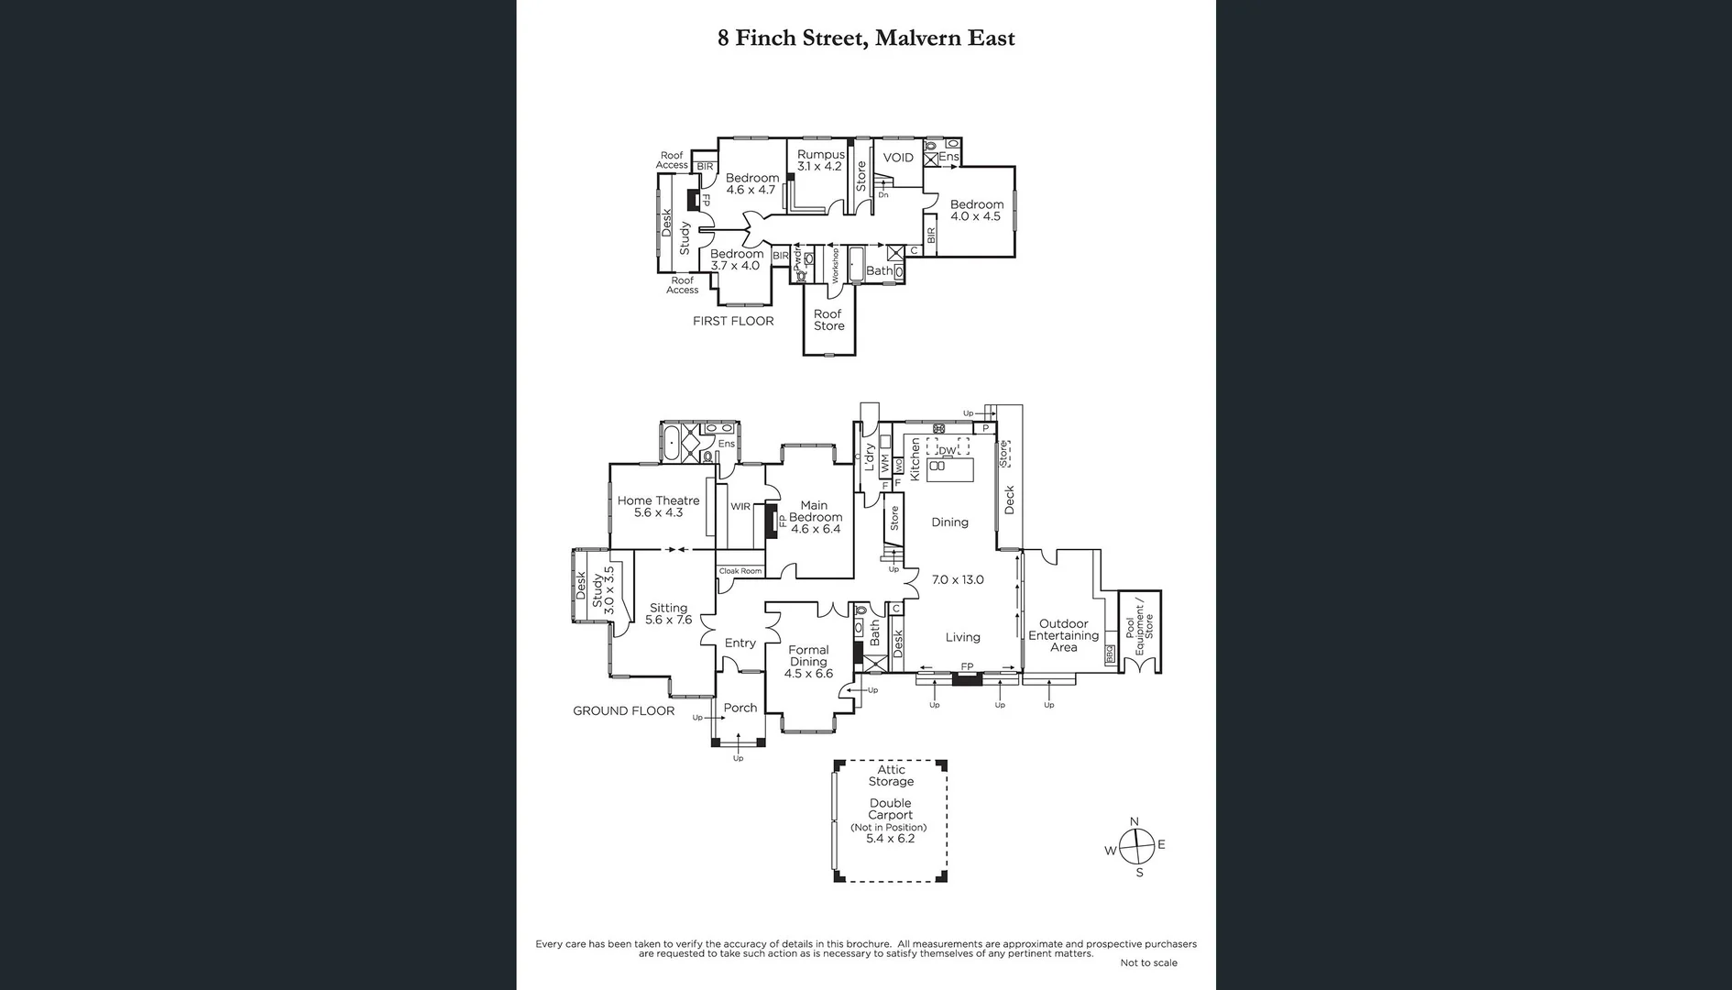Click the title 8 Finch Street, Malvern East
[x=866, y=38]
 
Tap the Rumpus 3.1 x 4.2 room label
[x=820, y=160]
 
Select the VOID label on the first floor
[x=898, y=158]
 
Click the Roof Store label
[x=828, y=320]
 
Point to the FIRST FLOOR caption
[x=733, y=321]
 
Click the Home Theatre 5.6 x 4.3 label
[x=658, y=507]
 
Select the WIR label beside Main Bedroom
[x=740, y=507]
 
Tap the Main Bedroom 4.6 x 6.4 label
[x=815, y=517]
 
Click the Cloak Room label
[x=740, y=571]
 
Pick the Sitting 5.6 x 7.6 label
[x=668, y=613]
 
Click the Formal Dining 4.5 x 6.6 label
[x=808, y=662]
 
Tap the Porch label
[x=740, y=708]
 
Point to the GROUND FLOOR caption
[x=623, y=710]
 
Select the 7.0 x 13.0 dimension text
[x=958, y=579]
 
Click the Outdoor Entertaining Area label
[x=1063, y=635]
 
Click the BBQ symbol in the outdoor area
[x=1110, y=654]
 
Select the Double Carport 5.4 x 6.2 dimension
[x=890, y=839]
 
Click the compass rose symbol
[x=1135, y=846]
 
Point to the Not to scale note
[x=1148, y=962]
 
